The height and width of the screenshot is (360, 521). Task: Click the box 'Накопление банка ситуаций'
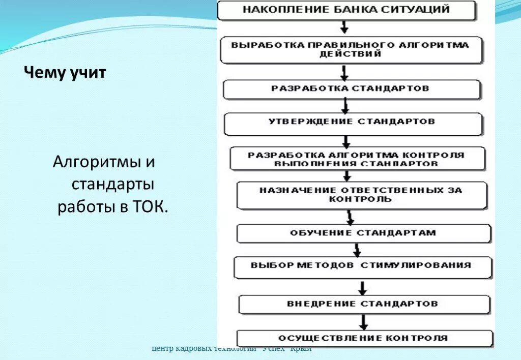346,10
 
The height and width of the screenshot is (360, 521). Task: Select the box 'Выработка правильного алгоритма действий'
351,49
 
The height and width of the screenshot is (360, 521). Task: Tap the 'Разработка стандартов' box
351,88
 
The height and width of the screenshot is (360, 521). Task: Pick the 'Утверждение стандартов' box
352,123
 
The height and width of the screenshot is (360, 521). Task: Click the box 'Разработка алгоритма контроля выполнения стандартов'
356,159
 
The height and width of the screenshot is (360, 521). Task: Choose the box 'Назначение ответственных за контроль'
361,195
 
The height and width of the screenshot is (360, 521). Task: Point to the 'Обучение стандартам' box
363,233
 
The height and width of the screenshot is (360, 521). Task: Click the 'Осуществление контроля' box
364,338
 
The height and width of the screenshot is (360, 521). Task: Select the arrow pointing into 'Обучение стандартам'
350,217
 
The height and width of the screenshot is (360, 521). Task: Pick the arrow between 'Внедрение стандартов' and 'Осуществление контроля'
363,322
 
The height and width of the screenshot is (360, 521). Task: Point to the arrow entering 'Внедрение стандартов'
362,288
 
